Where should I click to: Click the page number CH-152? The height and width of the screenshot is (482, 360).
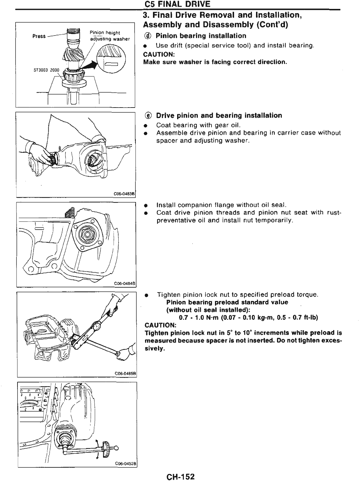180,477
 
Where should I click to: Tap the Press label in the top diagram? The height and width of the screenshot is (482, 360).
39,36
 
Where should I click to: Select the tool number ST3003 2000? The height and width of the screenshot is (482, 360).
46,71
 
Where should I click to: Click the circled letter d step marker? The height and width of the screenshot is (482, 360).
148,36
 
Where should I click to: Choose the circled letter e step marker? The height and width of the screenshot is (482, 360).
148,115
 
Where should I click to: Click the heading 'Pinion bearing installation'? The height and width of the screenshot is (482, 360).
201,36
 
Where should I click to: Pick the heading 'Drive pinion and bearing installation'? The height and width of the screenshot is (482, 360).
219,115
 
